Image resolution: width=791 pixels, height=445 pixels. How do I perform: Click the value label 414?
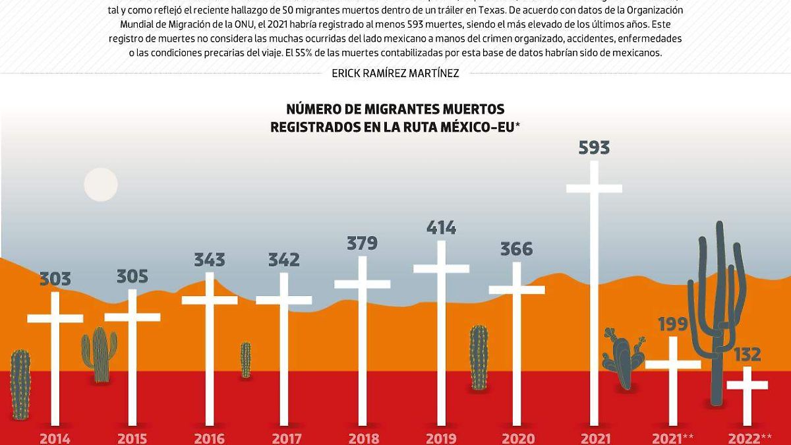pos(441,228)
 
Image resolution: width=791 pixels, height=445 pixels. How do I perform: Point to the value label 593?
pos(594,148)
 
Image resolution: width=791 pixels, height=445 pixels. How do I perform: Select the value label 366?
pos(517,249)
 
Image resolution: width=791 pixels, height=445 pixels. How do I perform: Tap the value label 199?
pos(672,324)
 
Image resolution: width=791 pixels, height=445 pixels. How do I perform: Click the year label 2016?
pos(210,438)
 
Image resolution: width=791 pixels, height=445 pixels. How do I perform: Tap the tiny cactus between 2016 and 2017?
pos(246,360)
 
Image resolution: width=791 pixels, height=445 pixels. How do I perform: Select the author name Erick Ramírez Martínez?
pos(395,73)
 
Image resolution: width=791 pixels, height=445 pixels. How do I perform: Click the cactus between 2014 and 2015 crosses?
pos(99,354)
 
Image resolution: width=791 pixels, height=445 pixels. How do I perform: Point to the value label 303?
pos(55,279)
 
